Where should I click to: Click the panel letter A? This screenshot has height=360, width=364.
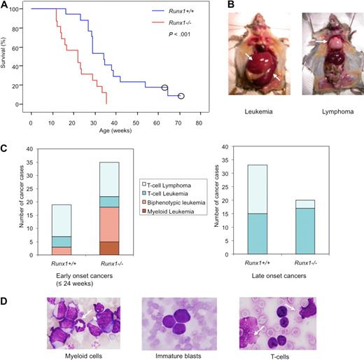(x=6, y=6)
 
